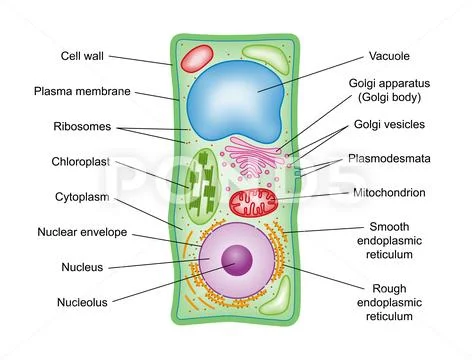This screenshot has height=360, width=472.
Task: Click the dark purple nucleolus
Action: (x=237, y=262)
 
